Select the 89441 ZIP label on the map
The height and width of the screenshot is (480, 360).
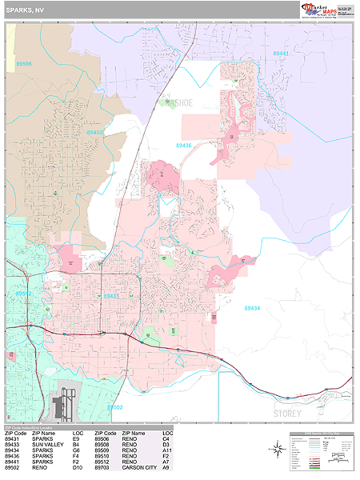click(x=281, y=54)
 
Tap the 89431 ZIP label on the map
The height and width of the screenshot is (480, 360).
click(x=111, y=296)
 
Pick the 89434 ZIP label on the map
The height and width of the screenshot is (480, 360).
click(x=252, y=308)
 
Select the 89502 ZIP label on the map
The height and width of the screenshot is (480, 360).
click(x=114, y=407)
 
